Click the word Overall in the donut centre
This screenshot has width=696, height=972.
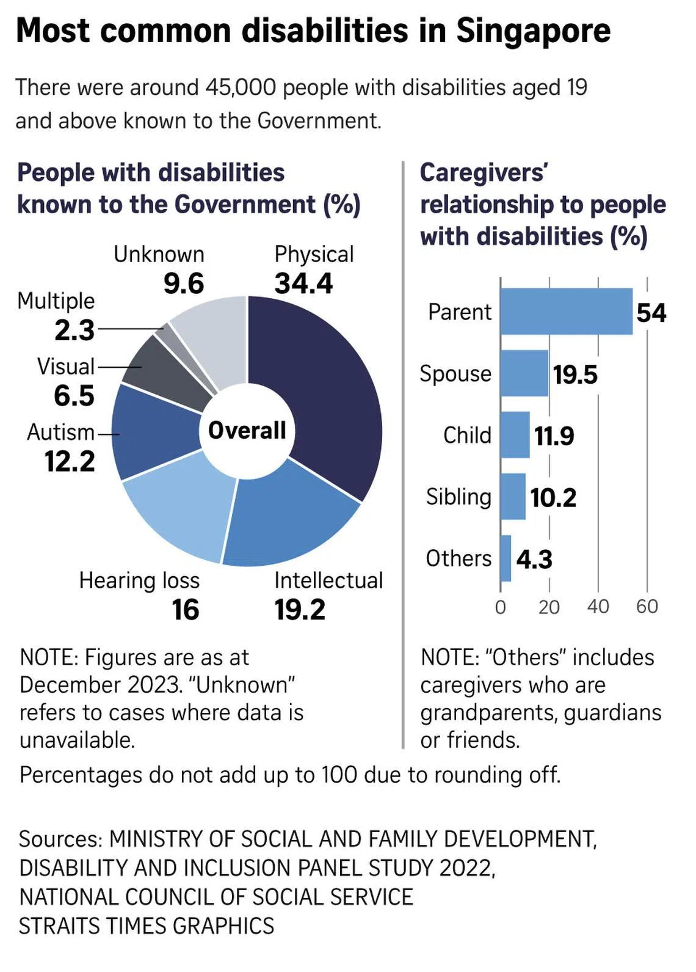tap(247, 430)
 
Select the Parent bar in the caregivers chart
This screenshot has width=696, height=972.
tap(566, 312)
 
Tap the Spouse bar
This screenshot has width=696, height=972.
tap(524, 373)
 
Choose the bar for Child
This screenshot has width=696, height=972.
tap(515, 435)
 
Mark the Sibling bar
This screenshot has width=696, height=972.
tap(513, 497)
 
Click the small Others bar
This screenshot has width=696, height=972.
tap(506, 558)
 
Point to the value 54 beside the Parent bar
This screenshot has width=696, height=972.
tap(651, 313)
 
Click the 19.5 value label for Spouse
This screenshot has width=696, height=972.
tap(575, 375)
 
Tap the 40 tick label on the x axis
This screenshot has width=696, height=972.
tap(598, 607)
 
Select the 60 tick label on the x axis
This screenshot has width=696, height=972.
tap(647, 607)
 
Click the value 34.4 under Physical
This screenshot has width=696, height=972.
tap(303, 283)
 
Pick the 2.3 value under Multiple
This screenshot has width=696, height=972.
tap(74, 331)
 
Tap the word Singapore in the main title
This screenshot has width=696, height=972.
tap(533, 31)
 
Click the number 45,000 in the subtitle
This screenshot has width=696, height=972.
tap(241, 88)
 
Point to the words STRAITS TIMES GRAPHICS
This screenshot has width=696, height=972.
tap(147, 926)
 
